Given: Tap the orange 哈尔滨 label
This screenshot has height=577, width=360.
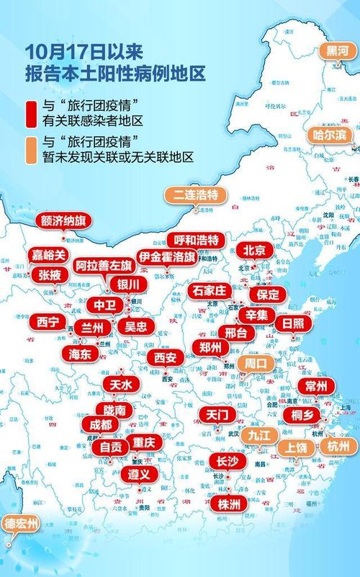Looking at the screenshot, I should point(330,135).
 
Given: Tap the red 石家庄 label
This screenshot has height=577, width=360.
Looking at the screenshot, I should point(210,290).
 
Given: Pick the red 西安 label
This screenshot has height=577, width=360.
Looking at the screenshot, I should point(165,357).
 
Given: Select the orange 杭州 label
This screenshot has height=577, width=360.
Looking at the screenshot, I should point(337,447).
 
